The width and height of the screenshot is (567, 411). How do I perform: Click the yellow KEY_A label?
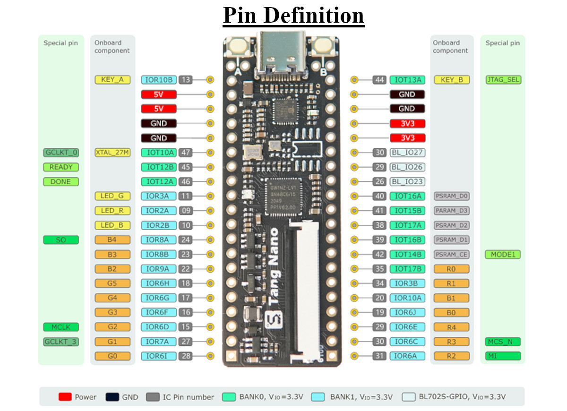click(x=112, y=80)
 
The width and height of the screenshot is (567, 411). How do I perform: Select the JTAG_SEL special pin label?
click(x=503, y=80)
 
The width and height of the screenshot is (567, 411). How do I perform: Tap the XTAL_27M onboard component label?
click(x=112, y=152)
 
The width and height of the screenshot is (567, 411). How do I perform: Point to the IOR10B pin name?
click(x=159, y=80)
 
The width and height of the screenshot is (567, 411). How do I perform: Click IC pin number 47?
click(x=185, y=152)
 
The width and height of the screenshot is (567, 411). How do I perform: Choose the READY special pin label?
click(x=61, y=167)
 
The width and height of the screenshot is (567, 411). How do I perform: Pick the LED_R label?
click(x=112, y=211)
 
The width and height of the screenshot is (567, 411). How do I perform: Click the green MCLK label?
click(x=61, y=327)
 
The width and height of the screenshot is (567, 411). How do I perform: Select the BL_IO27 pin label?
click(x=407, y=152)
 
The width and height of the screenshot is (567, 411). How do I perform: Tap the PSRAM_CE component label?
click(x=452, y=254)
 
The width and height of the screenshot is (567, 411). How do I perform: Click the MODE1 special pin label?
click(x=503, y=254)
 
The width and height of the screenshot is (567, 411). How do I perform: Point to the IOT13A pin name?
click(x=407, y=80)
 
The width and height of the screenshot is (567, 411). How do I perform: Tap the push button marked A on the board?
click(x=238, y=47)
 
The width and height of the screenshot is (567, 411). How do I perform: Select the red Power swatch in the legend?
click(x=65, y=396)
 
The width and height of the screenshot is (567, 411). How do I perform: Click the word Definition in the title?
click(x=314, y=15)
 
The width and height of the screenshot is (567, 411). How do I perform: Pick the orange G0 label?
click(x=112, y=356)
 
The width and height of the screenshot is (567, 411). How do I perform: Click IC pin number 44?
click(x=379, y=80)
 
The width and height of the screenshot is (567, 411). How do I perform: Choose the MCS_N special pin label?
click(x=503, y=342)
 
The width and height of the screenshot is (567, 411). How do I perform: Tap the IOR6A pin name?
click(x=407, y=356)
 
